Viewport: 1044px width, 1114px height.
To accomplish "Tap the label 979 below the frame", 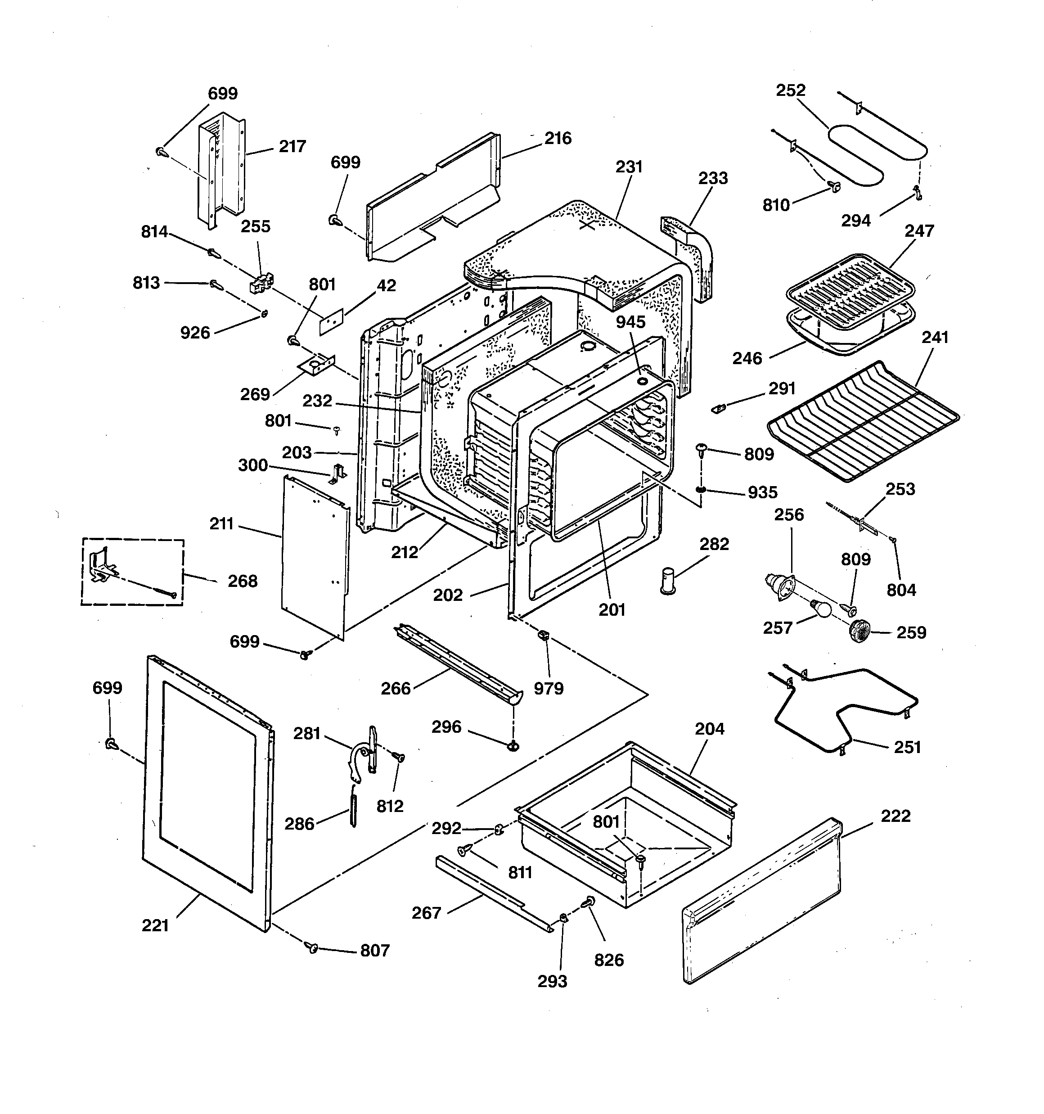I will click(x=548, y=688).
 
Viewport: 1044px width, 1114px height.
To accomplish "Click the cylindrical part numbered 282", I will click(x=668, y=580).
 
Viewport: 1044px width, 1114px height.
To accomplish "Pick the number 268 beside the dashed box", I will click(x=242, y=581).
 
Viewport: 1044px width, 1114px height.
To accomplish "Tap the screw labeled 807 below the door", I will click(x=311, y=947).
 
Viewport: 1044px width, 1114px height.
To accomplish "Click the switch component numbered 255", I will click(x=261, y=282).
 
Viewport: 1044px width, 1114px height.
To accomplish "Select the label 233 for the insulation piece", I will click(x=713, y=178).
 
